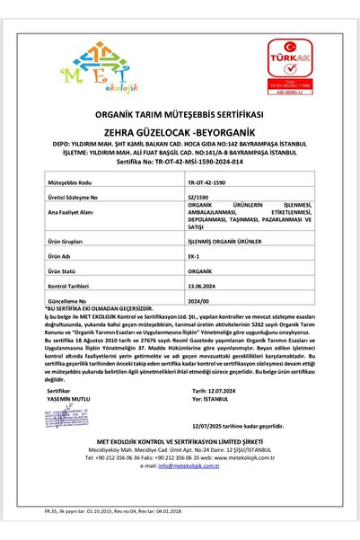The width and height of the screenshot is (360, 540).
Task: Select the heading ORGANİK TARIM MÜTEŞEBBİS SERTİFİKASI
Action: coord(179,115)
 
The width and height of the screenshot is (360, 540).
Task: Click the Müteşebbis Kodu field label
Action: coord(71,181)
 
